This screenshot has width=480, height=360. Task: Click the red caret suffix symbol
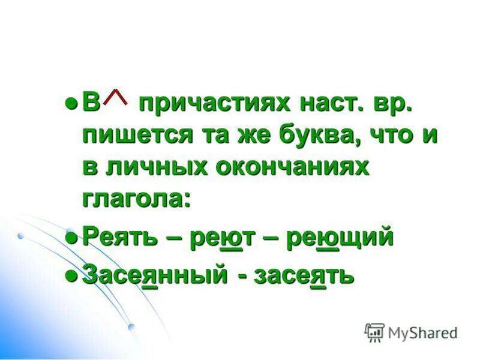pos(119,96)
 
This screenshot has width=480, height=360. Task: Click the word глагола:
pos(136,199)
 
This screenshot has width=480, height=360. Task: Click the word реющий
pos(339,236)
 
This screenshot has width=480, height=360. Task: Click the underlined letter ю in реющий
pos(327,238)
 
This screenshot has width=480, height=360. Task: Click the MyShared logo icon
pos(374,332)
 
